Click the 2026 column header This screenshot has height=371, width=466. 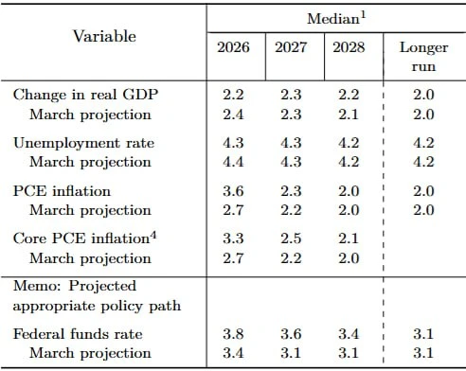coord(233,47)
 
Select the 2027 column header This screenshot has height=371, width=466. coord(291,47)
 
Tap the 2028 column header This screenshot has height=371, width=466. coord(349,47)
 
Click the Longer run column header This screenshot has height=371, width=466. coord(423,57)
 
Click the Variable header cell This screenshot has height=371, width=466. coord(104,36)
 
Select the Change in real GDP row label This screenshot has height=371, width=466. coord(85,95)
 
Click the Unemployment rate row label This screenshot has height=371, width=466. coord(83,143)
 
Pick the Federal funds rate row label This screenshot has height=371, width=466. coord(78,334)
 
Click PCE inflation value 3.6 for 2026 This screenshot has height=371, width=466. coord(233,191)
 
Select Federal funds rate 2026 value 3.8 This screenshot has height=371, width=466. coord(233,334)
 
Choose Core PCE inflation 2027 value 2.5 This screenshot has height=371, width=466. coord(291,238)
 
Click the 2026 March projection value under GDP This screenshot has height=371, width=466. coord(233,115)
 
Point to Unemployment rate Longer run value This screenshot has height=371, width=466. coord(423,143)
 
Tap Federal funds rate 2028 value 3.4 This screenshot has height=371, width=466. coord(349,334)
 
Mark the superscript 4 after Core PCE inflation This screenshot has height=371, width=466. coord(152,236)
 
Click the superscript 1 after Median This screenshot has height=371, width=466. coord(363,15)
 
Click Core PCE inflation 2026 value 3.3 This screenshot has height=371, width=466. coord(233,238)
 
